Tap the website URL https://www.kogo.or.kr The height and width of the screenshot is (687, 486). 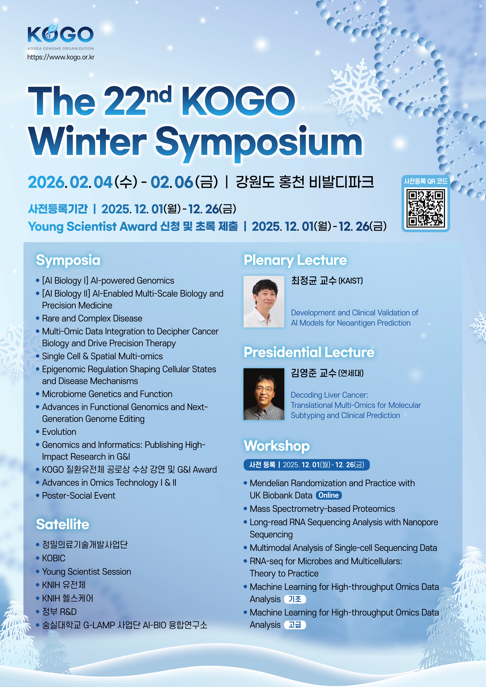[61, 57]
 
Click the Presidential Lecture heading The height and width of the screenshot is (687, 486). [309, 352]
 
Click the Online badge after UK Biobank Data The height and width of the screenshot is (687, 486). [329, 495]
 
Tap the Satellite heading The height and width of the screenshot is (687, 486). [63, 524]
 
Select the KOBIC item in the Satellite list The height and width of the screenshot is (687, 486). [54, 558]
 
